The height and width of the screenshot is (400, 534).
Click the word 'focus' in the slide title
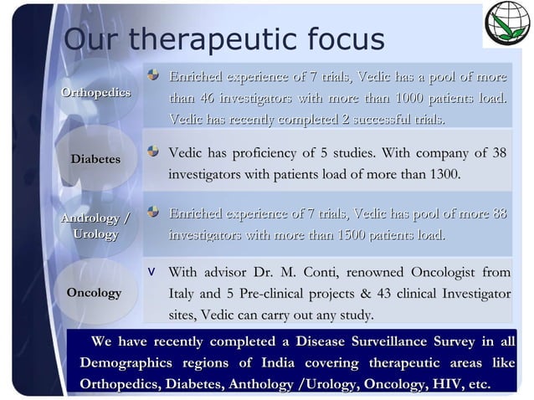(338, 38)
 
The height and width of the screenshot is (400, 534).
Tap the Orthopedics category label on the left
(95, 92)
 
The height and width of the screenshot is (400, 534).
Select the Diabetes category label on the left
(95, 158)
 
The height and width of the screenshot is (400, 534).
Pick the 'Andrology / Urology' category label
(95, 226)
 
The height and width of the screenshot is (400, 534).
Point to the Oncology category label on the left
(94, 293)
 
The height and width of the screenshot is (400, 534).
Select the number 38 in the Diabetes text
(499, 153)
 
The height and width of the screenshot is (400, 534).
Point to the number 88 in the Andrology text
(499, 214)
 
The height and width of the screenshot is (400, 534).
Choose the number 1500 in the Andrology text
(352, 235)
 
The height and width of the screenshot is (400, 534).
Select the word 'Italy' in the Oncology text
(183, 294)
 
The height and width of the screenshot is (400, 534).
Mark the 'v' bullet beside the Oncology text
(151, 272)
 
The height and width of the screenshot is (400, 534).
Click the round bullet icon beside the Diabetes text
(153, 151)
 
